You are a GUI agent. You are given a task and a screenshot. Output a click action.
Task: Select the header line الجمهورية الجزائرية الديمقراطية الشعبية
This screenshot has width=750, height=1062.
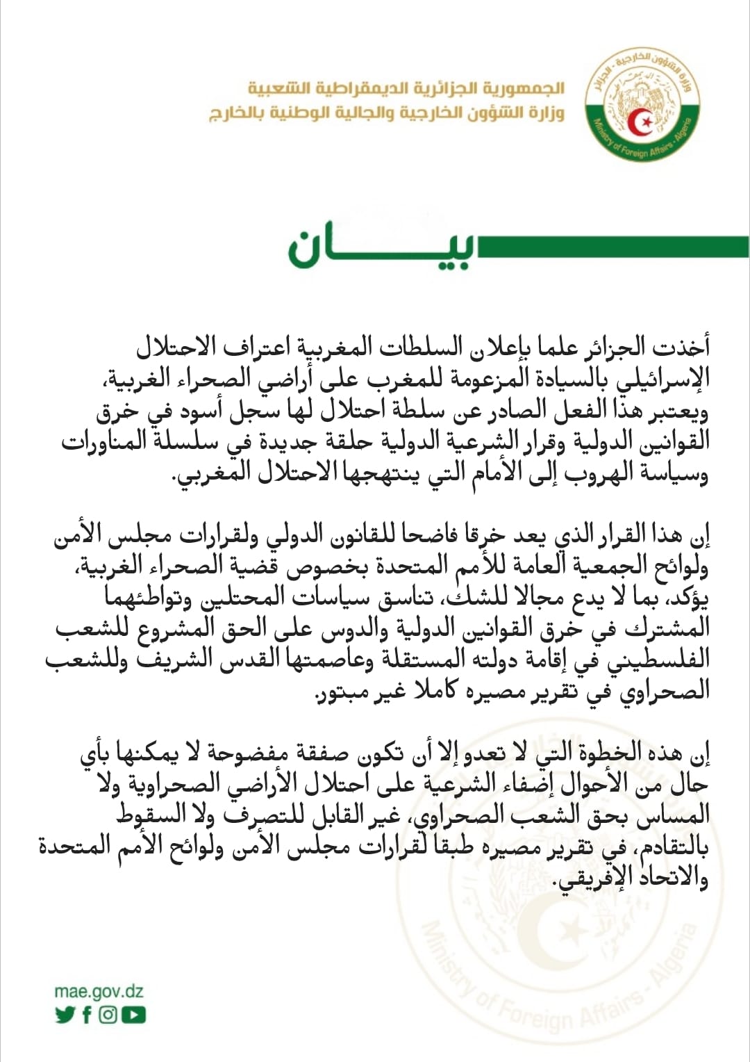click(x=406, y=88)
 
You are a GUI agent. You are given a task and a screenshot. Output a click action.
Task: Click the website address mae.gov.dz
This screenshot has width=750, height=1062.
click(x=99, y=991)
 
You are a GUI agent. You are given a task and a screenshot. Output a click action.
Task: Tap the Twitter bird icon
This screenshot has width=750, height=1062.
click(x=65, y=1015)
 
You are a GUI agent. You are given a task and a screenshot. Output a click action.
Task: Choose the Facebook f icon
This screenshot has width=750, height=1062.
click(x=87, y=1015)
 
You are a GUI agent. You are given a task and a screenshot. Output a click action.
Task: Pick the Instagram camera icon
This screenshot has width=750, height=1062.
click(x=108, y=1015)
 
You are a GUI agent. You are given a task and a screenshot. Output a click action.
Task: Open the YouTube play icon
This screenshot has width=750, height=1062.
click(x=133, y=1015)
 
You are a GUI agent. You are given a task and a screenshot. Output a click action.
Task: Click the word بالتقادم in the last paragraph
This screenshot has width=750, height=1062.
click(x=667, y=846)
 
